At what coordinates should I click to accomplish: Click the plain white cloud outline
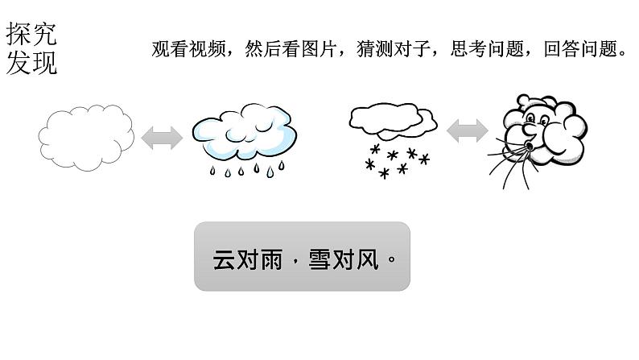[x=87, y=136]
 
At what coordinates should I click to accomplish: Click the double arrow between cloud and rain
[x=162, y=138]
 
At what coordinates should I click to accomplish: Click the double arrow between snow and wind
[x=468, y=130]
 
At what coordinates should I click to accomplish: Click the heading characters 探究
[x=31, y=35]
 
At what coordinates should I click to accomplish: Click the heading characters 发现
[x=31, y=62]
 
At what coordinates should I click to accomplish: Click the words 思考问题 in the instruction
[x=489, y=50]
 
